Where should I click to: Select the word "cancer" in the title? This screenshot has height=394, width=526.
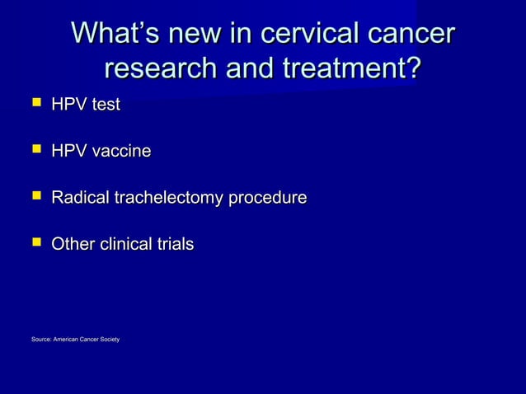pos(410,34)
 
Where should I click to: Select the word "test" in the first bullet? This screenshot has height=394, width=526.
pos(106,106)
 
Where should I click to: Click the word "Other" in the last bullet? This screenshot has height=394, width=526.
pos(73,244)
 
